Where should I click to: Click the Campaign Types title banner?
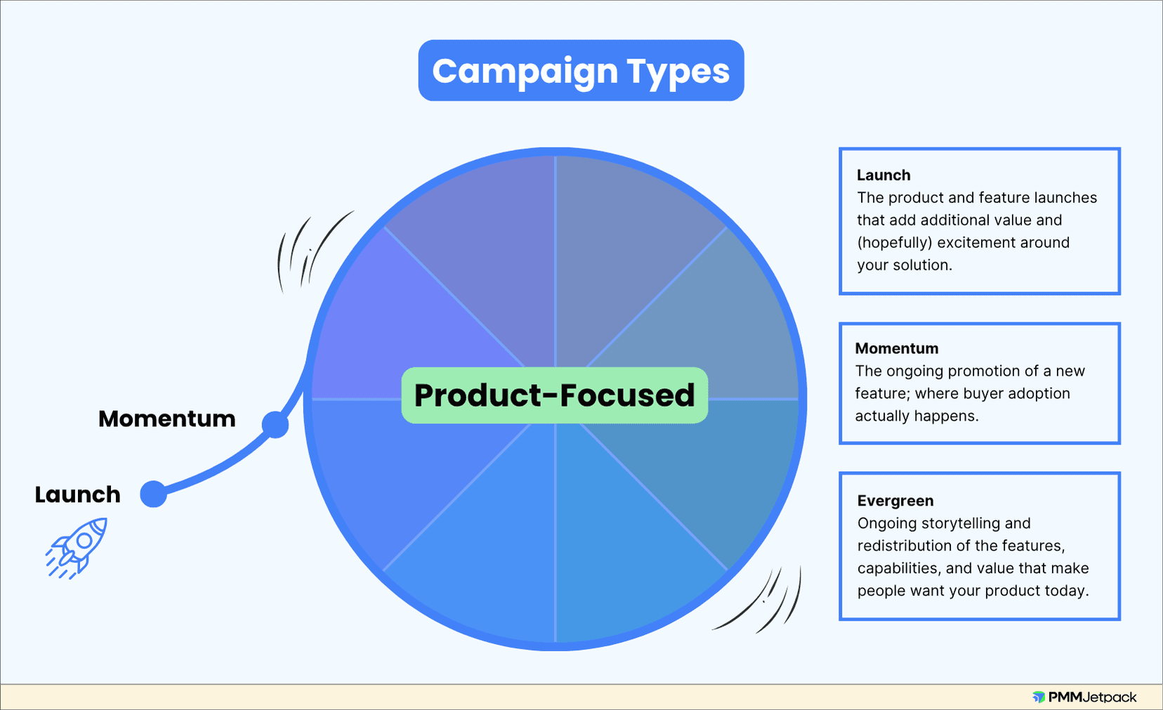coord(581,71)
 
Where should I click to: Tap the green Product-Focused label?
coord(554,395)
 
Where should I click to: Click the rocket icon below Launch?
coord(78,547)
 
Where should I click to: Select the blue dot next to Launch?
coord(153,494)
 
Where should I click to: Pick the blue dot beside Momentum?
coord(275,424)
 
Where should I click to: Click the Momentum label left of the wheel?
coord(167,419)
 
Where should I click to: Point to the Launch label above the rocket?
coord(78,494)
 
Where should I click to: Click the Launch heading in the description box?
coord(883,175)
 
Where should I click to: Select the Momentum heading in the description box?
coord(897,348)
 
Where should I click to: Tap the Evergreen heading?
coord(895,501)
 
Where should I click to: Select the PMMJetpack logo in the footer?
coord(1084,697)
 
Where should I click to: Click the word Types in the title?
coord(678,72)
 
